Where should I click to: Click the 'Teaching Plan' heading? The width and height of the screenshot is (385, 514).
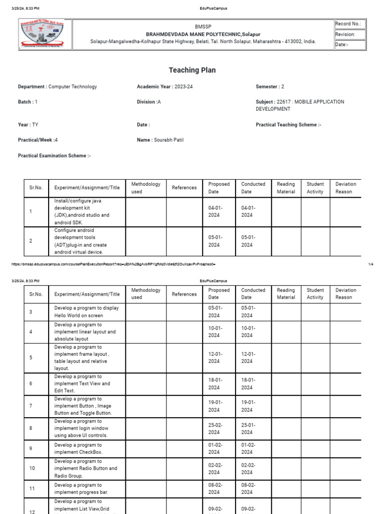(x=192, y=70)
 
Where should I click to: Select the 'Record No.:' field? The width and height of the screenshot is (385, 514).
(x=350, y=24)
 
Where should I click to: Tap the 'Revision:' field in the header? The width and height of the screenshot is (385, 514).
(x=350, y=35)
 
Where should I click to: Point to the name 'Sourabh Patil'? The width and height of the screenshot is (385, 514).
(x=169, y=140)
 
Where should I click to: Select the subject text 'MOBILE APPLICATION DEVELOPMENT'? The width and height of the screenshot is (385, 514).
(x=300, y=105)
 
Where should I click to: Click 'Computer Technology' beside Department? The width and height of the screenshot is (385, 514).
(x=73, y=87)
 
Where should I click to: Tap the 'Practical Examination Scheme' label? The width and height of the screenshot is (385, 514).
(x=54, y=156)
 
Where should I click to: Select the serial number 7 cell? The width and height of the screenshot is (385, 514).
(x=31, y=406)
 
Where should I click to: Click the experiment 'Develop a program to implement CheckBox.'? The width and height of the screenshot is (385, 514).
(x=78, y=449)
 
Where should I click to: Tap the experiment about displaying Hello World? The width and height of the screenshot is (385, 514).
(x=87, y=312)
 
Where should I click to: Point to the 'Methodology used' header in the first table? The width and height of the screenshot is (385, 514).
(x=146, y=188)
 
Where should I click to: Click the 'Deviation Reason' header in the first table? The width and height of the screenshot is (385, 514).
(x=346, y=188)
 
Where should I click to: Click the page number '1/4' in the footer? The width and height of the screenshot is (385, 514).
(x=370, y=265)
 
